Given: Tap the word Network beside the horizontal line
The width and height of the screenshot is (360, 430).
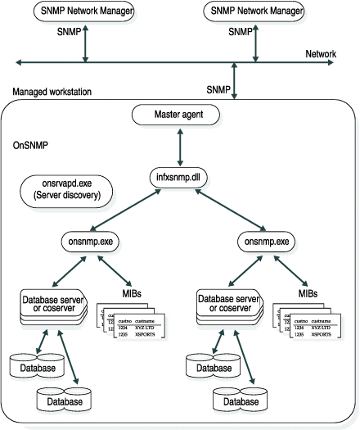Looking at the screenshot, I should click(x=321, y=54).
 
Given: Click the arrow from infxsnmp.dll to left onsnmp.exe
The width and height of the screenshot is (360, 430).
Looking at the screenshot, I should click(x=133, y=210).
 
